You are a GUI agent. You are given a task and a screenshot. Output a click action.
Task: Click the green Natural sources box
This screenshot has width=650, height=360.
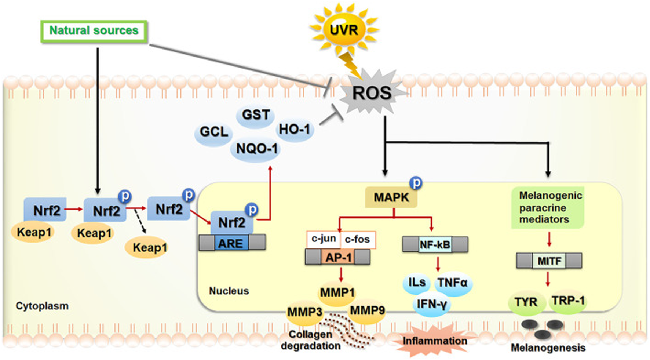[94, 31]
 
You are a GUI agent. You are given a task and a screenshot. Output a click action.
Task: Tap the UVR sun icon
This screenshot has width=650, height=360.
[344, 29]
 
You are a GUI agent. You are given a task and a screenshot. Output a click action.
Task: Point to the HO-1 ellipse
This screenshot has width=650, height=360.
[295, 130]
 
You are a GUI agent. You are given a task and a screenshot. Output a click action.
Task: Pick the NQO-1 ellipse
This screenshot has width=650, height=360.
[256, 149]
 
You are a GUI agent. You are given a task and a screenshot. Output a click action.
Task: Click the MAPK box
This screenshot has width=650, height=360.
[391, 198]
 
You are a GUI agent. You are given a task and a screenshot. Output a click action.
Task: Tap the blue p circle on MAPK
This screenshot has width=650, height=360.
[416, 182]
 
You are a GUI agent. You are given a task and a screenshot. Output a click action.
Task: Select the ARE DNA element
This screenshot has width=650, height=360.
[231, 243]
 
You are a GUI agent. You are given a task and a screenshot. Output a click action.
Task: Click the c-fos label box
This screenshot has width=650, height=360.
[357, 240]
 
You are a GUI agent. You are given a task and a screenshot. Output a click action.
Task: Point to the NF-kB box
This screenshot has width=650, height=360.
[435, 244]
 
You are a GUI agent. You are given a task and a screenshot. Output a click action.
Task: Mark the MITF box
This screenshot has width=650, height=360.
[549, 261]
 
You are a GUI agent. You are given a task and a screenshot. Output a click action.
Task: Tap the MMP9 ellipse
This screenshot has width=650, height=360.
[367, 311]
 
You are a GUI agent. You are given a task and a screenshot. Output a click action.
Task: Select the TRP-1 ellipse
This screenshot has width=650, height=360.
[568, 301]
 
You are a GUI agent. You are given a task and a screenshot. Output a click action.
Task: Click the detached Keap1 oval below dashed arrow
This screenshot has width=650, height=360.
[149, 248]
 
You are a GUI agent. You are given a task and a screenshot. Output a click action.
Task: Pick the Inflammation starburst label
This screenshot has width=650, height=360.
[435, 341]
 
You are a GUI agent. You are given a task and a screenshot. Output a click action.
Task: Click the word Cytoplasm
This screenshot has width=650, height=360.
[42, 306]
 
